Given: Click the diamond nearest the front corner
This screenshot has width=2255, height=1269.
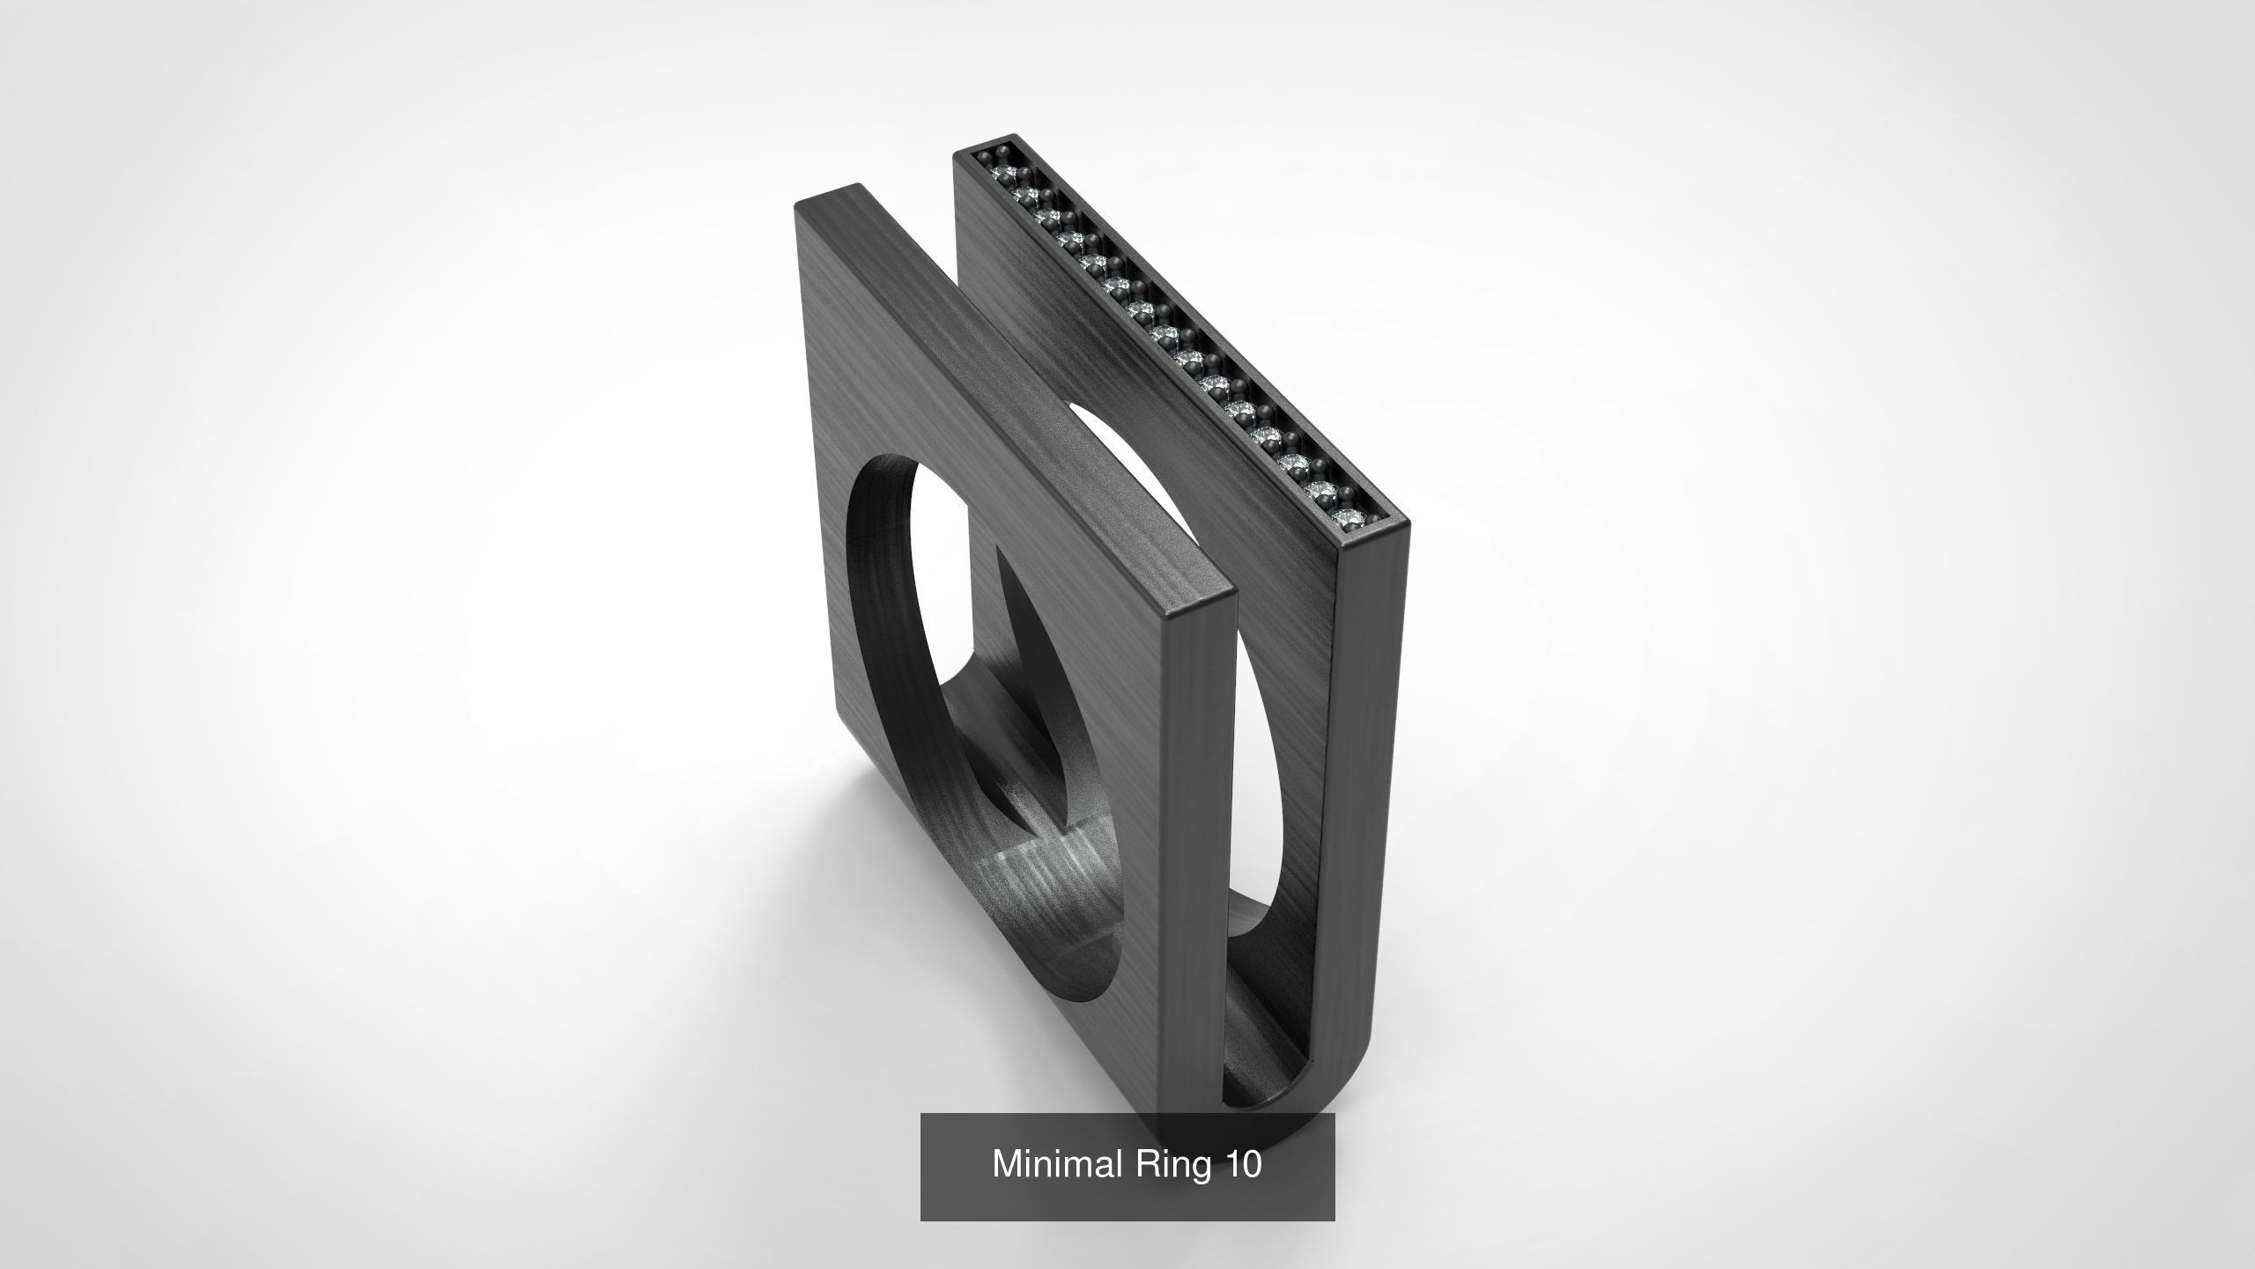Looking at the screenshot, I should click(1345, 518).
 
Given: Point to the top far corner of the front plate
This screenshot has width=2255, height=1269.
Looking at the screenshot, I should click(854, 187).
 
